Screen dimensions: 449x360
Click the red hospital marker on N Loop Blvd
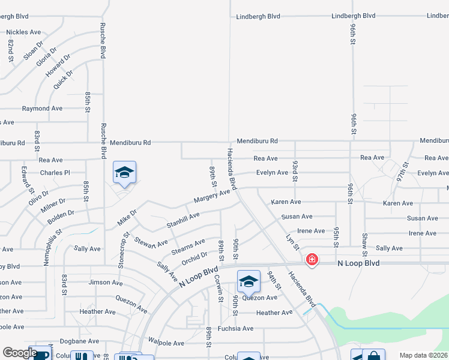pos(312,260)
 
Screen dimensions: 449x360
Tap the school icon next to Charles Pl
pos(124,172)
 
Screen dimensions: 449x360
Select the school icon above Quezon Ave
pos(249,281)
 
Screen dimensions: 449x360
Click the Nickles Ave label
pos(23,32)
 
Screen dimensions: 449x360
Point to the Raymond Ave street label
pos(42,109)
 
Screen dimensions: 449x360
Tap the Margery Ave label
pos(212,196)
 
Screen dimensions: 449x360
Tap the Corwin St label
pos(218,288)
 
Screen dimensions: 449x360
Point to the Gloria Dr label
pos(46,58)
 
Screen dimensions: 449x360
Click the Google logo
pos(20,353)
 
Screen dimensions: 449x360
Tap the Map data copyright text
pos(424,355)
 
